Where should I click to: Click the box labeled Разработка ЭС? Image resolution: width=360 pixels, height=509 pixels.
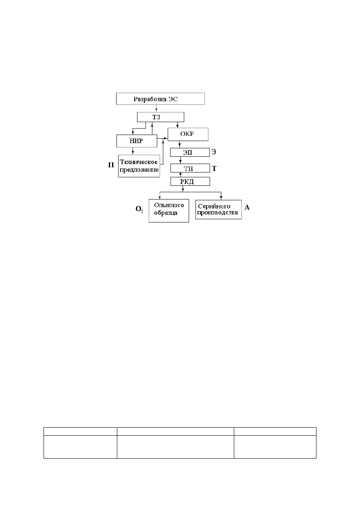160,99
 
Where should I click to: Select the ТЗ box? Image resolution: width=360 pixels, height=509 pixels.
160,117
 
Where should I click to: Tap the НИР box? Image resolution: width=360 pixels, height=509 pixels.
137,141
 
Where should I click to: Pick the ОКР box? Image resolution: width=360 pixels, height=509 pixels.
188,134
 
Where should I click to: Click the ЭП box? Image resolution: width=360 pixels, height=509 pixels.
190,152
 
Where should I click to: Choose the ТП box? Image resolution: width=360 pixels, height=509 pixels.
190,168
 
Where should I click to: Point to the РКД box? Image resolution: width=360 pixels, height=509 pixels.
190,181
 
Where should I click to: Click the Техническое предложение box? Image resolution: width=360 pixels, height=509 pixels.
139,166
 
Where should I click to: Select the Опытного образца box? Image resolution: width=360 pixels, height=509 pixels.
169,211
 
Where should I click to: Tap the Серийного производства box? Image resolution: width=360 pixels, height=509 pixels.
218,210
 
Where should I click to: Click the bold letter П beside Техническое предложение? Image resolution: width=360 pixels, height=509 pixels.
111,165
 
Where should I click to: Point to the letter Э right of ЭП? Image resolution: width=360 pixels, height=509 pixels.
214,152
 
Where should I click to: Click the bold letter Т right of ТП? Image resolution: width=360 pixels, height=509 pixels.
214,168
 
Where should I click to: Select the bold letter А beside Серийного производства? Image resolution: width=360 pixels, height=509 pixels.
247,207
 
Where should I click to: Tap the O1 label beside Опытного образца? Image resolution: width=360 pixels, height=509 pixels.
139,209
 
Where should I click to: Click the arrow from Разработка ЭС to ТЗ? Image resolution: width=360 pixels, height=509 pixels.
156,108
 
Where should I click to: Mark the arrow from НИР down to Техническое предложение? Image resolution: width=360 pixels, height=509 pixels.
133,151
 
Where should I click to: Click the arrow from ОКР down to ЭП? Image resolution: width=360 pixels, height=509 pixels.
179,145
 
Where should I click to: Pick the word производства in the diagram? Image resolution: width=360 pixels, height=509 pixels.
218,212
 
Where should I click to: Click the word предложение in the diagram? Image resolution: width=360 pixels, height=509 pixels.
139,170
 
